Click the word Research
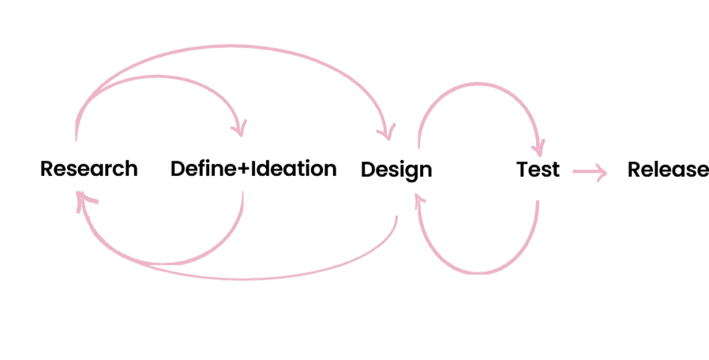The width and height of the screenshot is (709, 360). (x=88, y=169)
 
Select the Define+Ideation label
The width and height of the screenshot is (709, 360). (x=253, y=169)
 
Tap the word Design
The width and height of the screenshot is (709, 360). (x=396, y=170)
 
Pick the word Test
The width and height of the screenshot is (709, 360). (x=538, y=169)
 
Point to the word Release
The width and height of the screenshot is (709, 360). (x=668, y=169)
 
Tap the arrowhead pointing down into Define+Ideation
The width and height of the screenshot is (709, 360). (x=238, y=128)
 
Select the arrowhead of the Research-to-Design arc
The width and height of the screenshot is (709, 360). (x=387, y=131)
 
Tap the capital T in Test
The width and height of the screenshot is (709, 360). (x=523, y=169)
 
